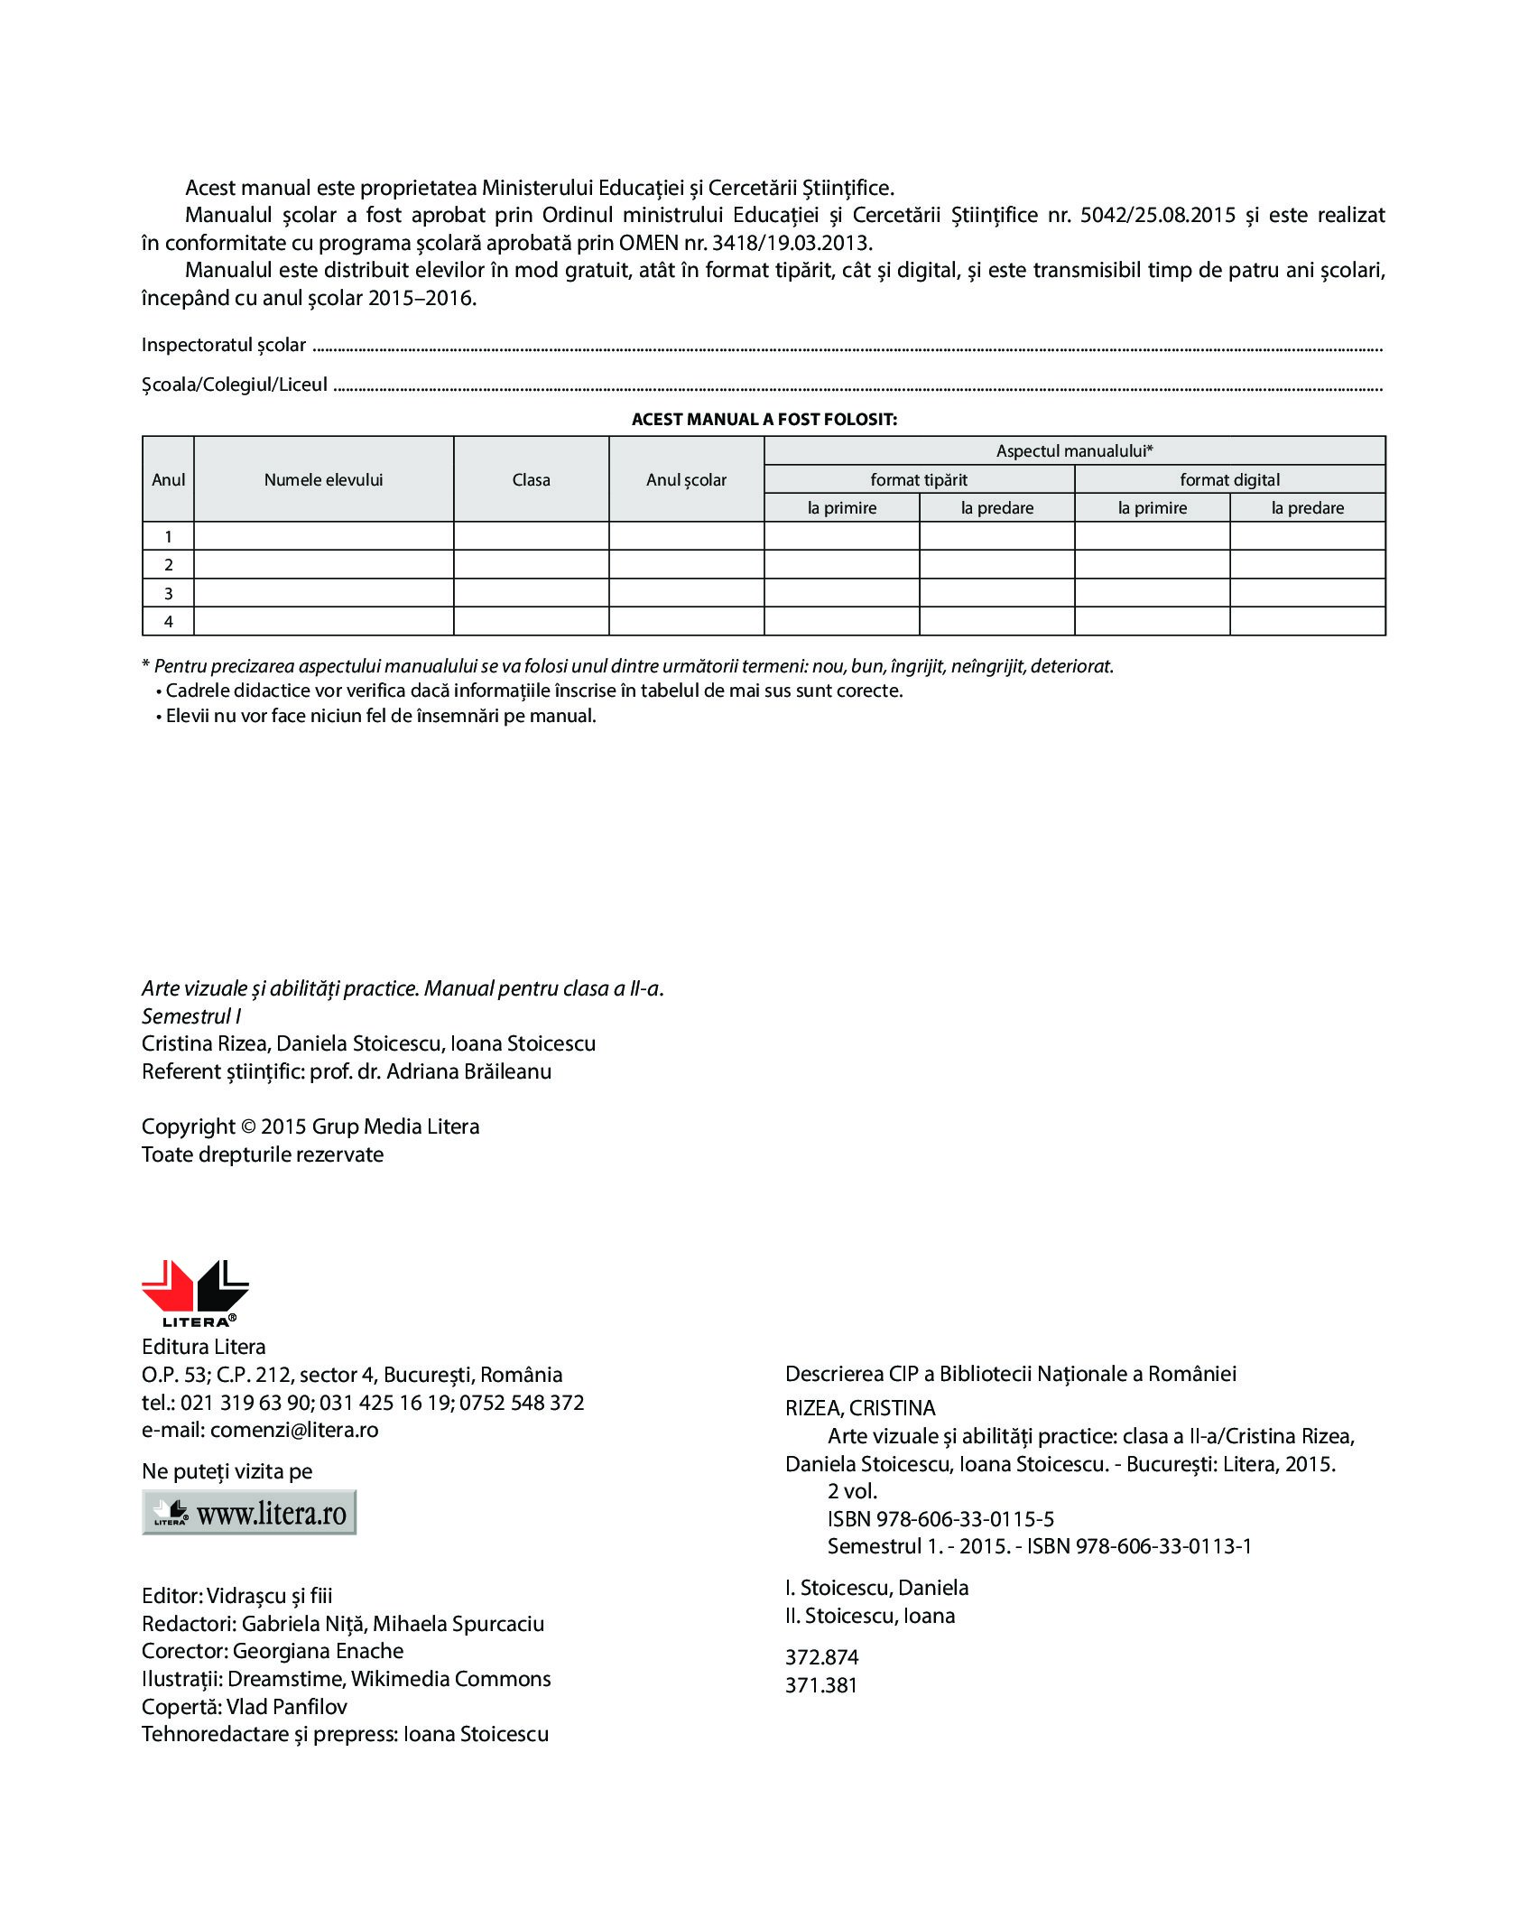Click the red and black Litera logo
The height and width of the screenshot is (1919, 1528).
pyautogui.click(x=195, y=1293)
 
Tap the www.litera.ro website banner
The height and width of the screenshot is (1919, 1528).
pyautogui.click(x=249, y=1513)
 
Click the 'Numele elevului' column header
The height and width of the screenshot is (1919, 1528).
pyautogui.click(x=323, y=480)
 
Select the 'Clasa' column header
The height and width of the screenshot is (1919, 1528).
pyautogui.click(x=531, y=480)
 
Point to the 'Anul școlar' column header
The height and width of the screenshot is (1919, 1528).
pyautogui.click(x=686, y=480)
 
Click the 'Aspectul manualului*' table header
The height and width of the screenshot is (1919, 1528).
pyautogui.click(x=1074, y=451)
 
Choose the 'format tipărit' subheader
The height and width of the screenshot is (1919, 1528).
pyautogui.click(x=919, y=480)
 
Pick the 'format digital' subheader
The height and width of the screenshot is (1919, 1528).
pyautogui.click(x=1229, y=480)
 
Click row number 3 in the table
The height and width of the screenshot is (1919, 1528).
pyautogui.click(x=168, y=593)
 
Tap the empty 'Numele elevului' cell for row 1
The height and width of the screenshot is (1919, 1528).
pyautogui.click(x=323, y=536)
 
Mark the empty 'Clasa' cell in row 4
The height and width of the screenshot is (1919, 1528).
pyautogui.click(x=531, y=621)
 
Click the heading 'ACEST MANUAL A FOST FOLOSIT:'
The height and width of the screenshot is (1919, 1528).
pyautogui.click(x=764, y=420)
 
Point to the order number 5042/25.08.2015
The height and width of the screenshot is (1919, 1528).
pyautogui.click(x=1158, y=216)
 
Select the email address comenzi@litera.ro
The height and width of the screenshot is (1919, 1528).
pyautogui.click(x=294, y=1431)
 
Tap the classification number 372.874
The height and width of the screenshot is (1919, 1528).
pyautogui.click(x=821, y=1657)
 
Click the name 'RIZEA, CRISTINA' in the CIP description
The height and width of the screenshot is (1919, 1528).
pyautogui.click(x=860, y=1408)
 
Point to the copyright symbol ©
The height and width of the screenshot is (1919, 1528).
pyautogui.click(x=248, y=1127)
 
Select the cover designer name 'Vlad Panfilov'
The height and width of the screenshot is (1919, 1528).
pyautogui.click(x=286, y=1707)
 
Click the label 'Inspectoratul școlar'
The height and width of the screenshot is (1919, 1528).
pyautogui.click(x=224, y=346)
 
